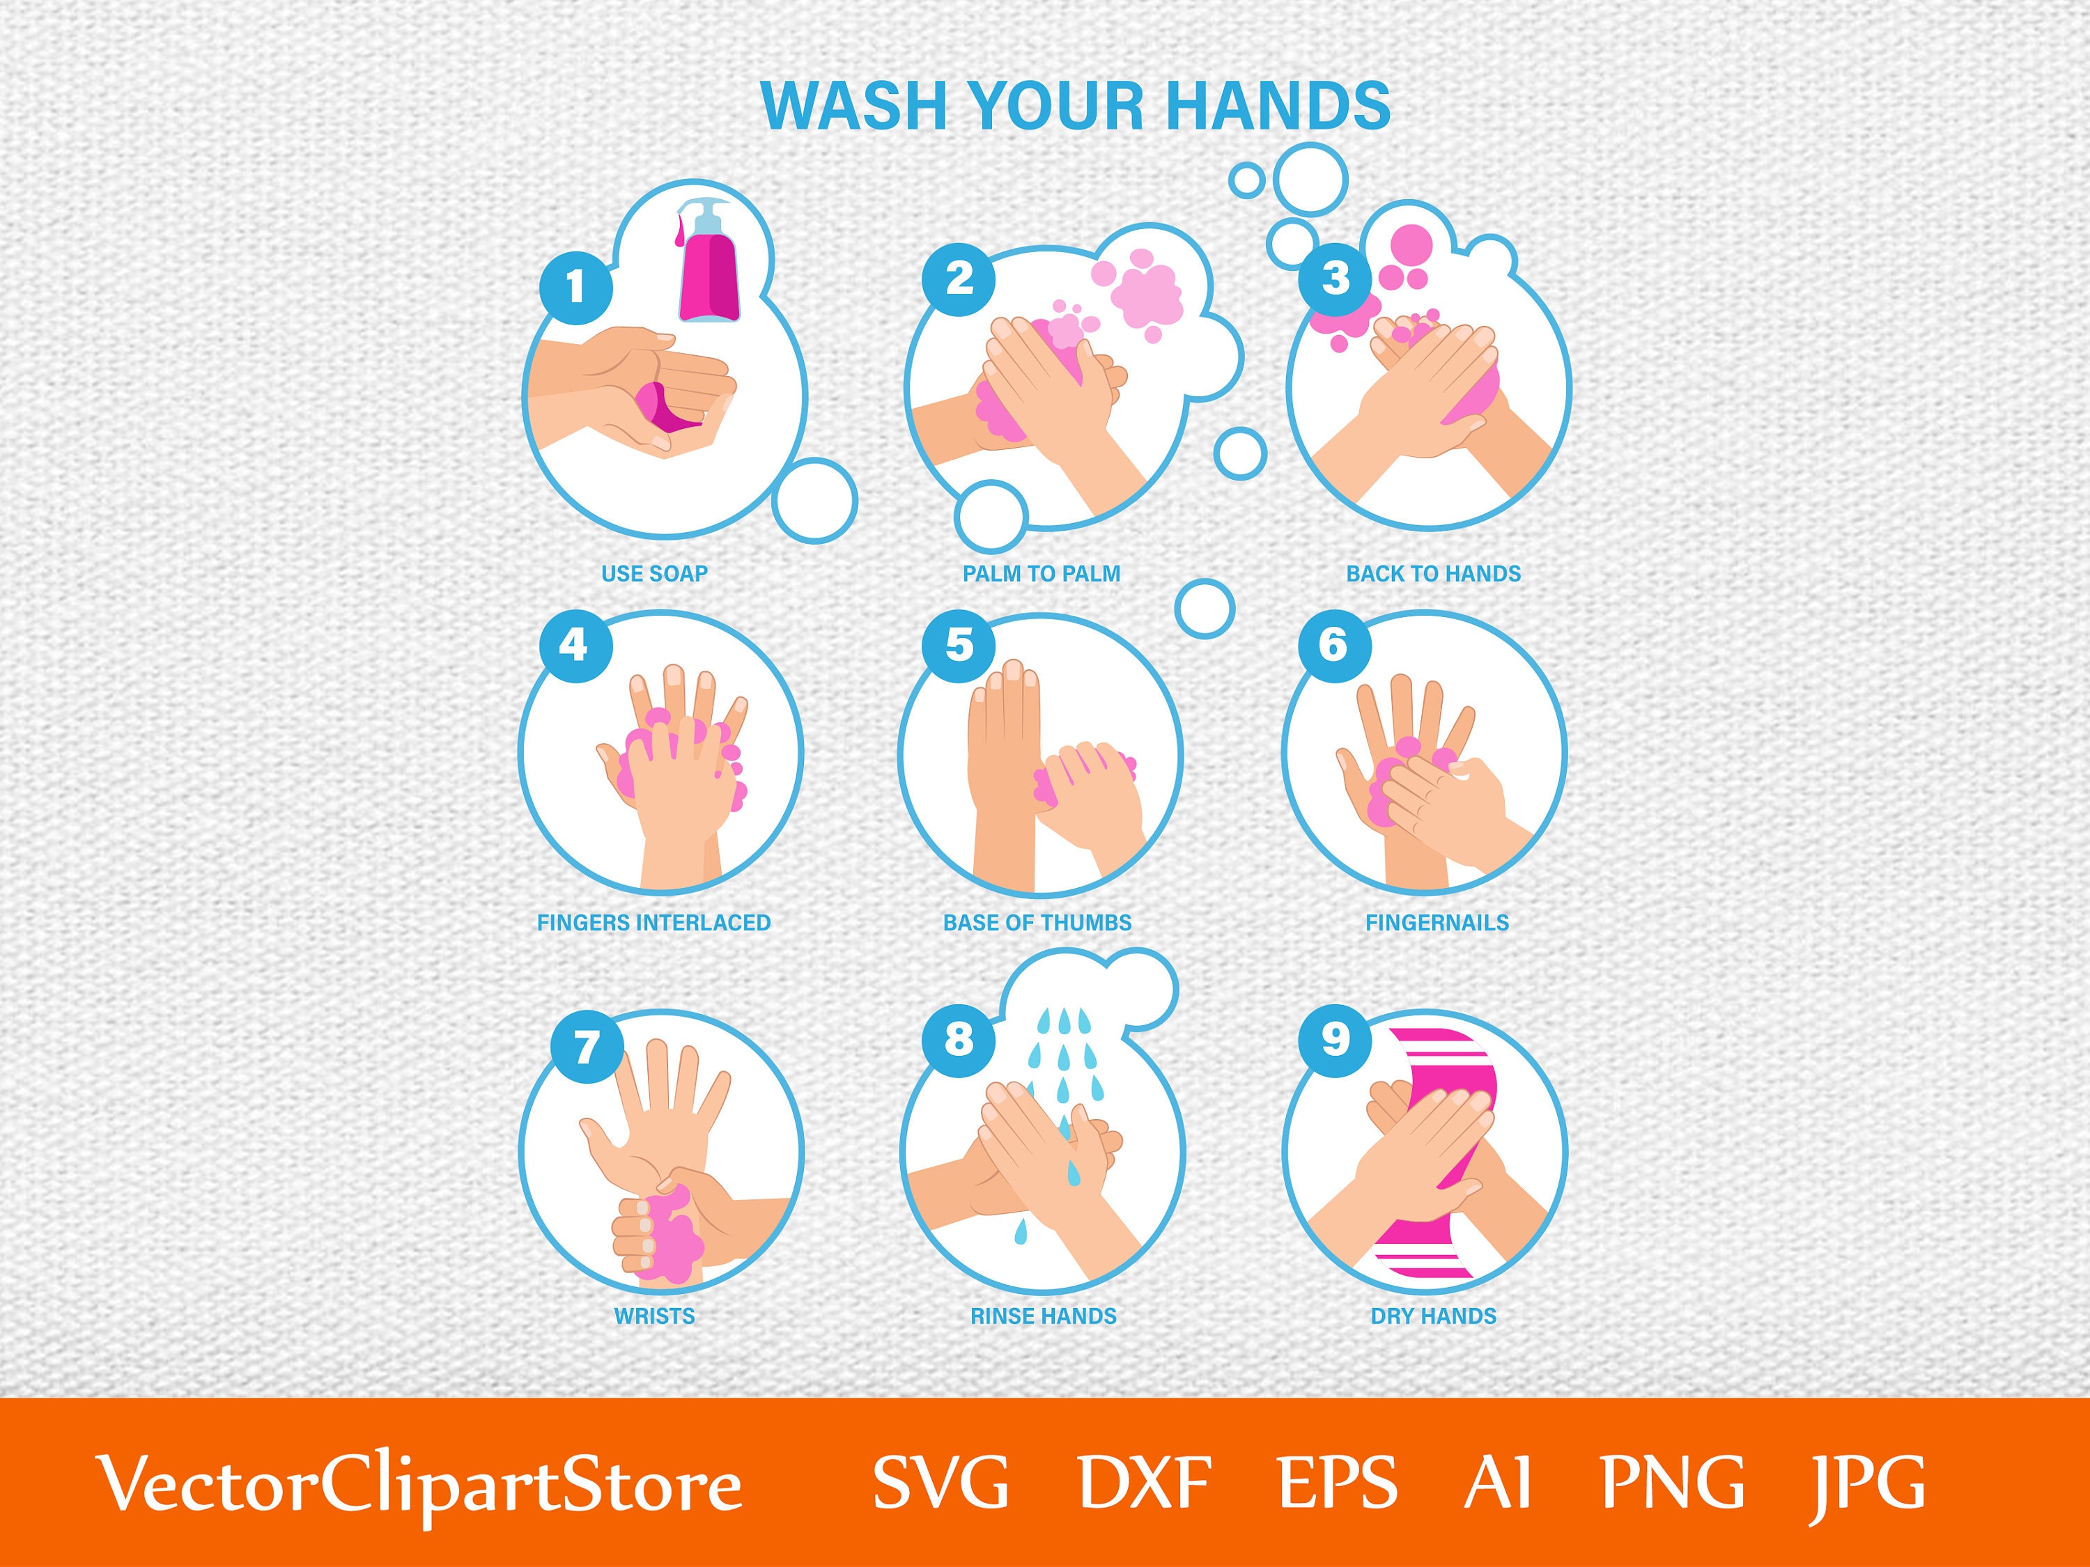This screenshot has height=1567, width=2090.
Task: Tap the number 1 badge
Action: pos(575,286)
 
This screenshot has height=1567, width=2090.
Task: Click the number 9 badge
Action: pos(1334,1039)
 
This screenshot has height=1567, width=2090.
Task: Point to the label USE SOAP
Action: pos(654,573)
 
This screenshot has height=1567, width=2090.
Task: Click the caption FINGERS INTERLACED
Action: pos(654,923)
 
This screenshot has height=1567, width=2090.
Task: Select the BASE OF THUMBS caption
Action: pos(1037,923)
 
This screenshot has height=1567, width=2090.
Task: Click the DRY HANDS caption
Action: pos(1433,1316)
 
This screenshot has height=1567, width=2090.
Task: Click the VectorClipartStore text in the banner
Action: pos(419,1485)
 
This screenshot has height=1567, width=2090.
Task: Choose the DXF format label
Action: pos(1144,1481)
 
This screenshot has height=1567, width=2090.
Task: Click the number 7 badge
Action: pos(586,1047)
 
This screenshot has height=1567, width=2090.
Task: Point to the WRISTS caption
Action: pos(654,1316)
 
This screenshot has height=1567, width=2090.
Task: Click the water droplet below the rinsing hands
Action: pos(1021,1230)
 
